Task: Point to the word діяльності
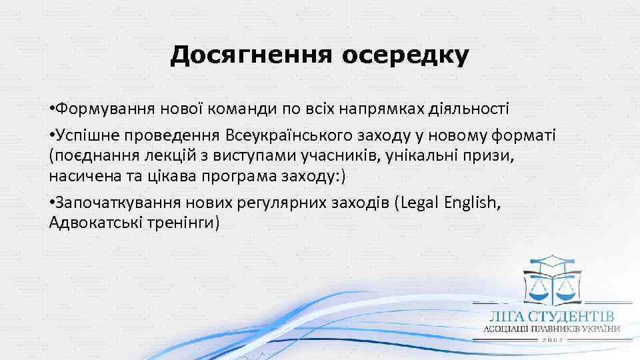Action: point(473,108)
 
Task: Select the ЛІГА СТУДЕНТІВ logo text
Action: point(550,317)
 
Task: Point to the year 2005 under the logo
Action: point(553,340)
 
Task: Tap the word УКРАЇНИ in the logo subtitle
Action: point(598,329)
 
